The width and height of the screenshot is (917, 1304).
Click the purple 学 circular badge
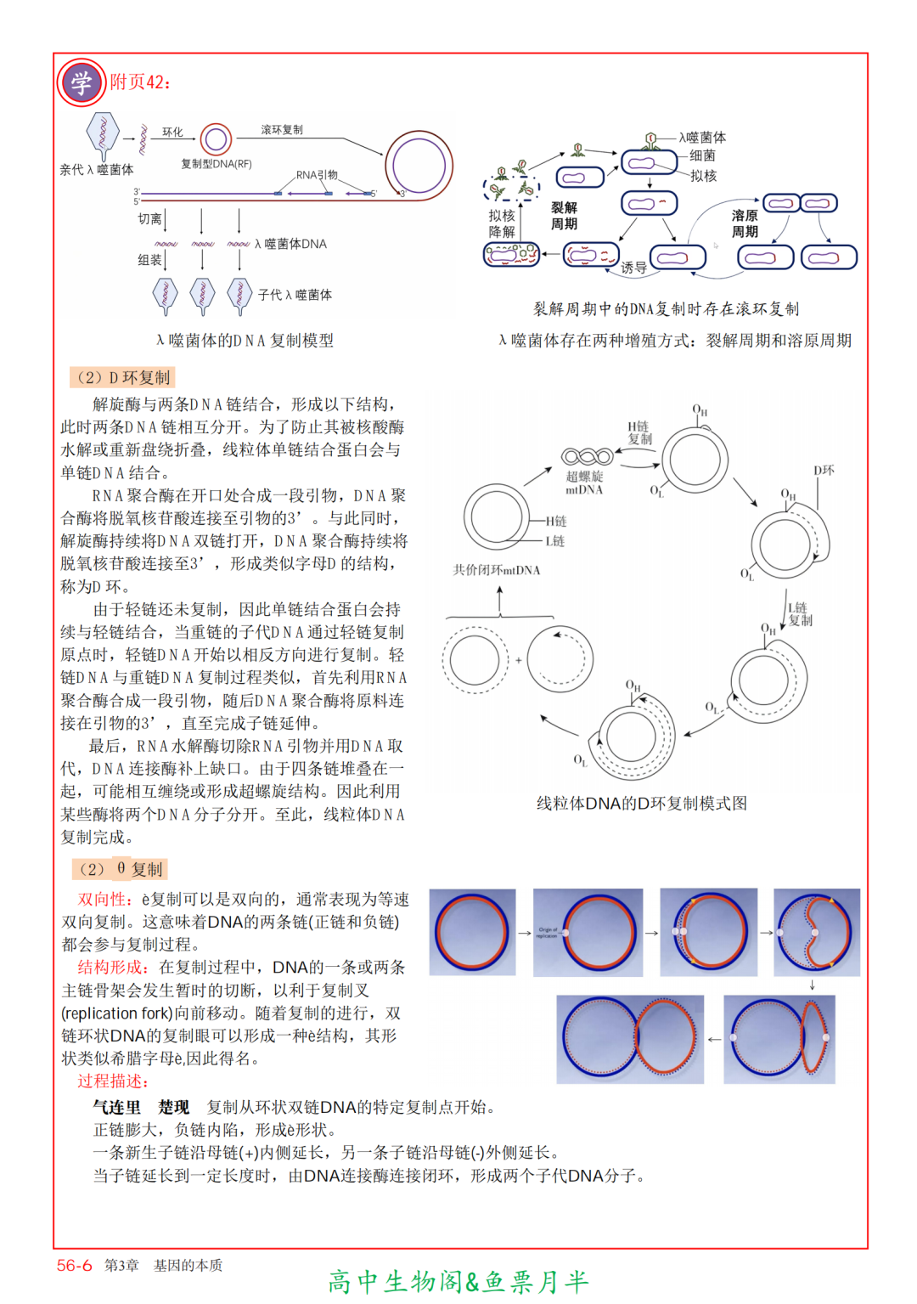click(x=81, y=82)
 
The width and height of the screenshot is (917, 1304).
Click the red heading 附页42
click(x=140, y=82)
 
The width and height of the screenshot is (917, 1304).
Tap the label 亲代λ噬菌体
click(x=96, y=170)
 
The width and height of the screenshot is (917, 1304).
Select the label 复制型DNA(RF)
click(x=216, y=164)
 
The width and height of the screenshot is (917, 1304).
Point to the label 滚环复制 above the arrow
click(x=281, y=130)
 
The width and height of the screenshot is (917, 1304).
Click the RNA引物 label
click(x=317, y=175)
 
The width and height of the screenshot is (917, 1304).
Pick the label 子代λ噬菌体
click(x=295, y=295)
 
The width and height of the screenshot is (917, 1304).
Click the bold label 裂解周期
click(x=564, y=216)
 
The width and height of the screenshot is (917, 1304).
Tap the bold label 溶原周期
click(x=745, y=223)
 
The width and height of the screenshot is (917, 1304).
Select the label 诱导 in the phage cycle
click(x=633, y=268)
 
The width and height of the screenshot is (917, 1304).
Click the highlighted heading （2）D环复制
click(x=122, y=377)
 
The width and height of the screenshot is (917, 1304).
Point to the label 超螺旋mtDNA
click(x=584, y=483)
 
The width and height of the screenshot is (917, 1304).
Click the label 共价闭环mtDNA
click(x=496, y=570)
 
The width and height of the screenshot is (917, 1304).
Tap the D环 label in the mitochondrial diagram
click(x=824, y=470)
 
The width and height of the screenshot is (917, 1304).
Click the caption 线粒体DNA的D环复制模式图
click(x=641, y=804)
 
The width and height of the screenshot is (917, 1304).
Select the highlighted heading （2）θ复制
click(x=120, y=869)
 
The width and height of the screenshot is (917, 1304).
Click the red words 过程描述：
click(x=113, y=1081)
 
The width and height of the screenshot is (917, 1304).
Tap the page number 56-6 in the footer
click(x=74, y=1266)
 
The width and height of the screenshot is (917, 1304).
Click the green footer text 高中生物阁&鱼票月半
click(x=458, y=1282)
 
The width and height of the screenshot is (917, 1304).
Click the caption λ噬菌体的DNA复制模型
click(x=245, y=341)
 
